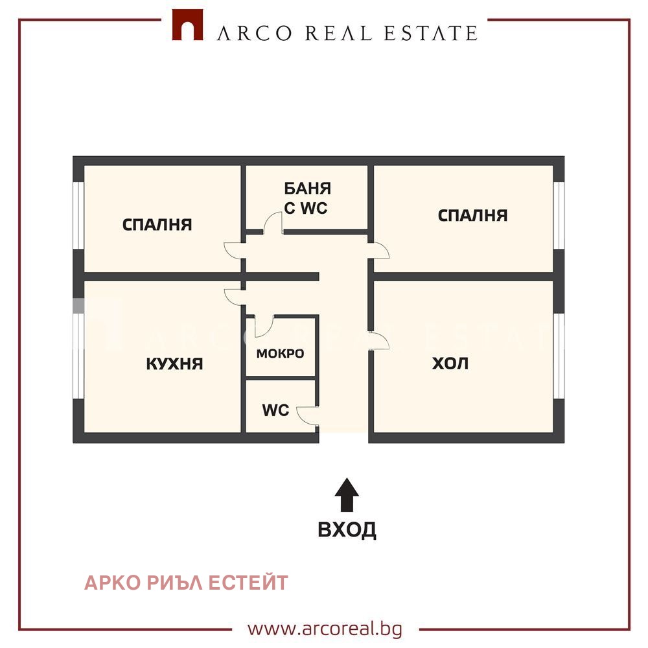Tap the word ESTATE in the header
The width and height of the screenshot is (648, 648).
pyautogui.click(x=431, y=33)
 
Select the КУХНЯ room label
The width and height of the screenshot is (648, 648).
pyautogui.click(x=174, y=364)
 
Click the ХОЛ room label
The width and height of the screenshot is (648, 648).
pyautogui.click(x=450, y=364)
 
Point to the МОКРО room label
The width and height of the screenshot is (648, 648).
pyautogui.click(x=280, y=353)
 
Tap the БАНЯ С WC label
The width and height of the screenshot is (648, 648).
pyautogui.click(x=307, y=198)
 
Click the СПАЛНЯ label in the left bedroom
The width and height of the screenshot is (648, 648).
pyautogui.click(x=157, y=224)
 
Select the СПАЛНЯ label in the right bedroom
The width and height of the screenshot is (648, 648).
pyautogui.click(x=473, y=215)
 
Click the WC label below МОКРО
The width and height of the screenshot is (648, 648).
pyautogui.click(x=275, y=410)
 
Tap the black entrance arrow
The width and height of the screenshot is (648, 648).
pyautogui.click(x=347, y=495)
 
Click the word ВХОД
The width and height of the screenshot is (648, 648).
pyautogui.click(x=347, y=530)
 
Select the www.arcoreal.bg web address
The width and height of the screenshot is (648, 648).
pyautogui.click(x=325, y=629)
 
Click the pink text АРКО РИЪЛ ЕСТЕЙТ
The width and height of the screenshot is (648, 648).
pyautogui.click(x=186, y=583)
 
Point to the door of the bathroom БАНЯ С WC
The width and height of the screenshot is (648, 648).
pyautogui.click(x=273, y=223)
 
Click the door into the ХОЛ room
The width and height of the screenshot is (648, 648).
pyautogui.click(x=379, y=341)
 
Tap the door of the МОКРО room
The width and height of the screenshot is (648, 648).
pyautogui.click(x=264, y=327)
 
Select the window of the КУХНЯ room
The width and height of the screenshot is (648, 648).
pyautogui.click(x=78, y=356)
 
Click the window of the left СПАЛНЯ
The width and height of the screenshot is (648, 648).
pyautogui.click(x=78, y=215)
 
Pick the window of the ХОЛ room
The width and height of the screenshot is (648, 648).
pyautogui.click(x=559, y=356)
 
